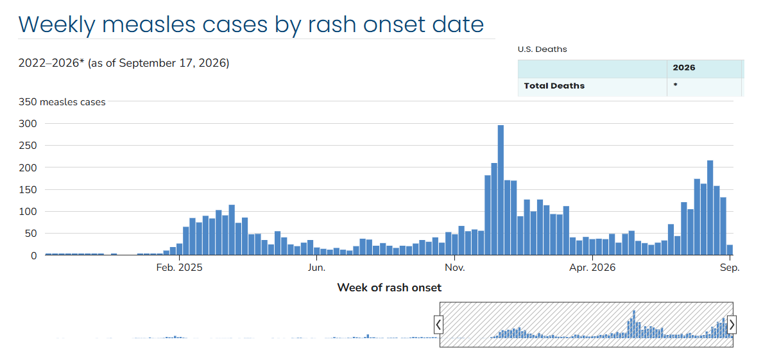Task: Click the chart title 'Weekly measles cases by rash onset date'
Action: tap(251, 24)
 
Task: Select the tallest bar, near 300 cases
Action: tap(501, 190)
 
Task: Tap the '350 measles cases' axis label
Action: tap(62, 102)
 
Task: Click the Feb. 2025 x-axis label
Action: tap(180, 268)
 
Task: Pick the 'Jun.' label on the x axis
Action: tap(317, 268)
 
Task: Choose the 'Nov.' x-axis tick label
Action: tap(454, 268)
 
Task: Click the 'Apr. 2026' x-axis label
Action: tap(592, 268)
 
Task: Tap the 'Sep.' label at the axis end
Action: tap(730, 268)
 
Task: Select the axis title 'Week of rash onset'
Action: tap(390, 287)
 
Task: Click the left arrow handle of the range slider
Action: tap(439, 325)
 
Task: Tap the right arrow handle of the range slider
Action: tap(732, 325)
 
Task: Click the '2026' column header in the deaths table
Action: tap(683, 67)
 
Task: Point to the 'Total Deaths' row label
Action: tap(554, 86)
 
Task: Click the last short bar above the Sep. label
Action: tap(730, 250)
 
